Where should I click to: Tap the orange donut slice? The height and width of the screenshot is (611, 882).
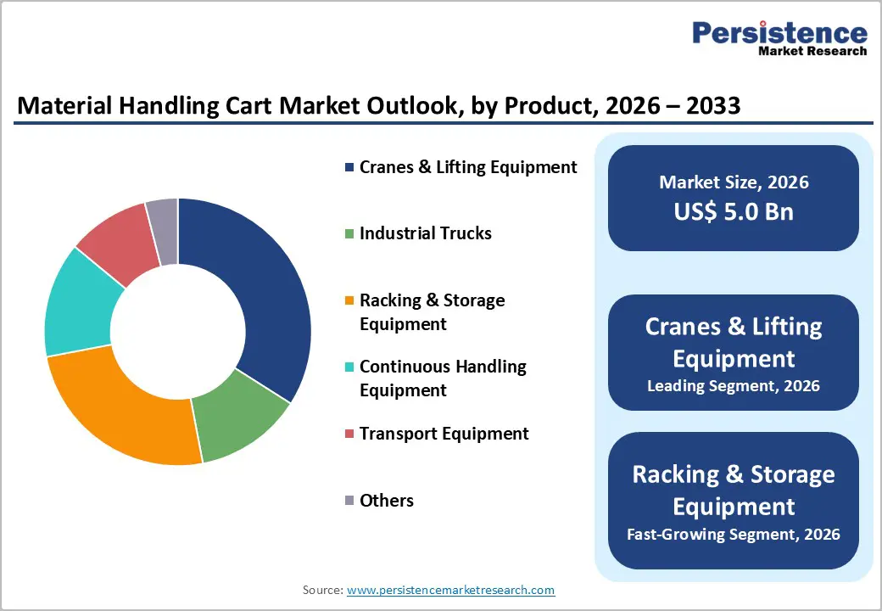(x=119, y=407)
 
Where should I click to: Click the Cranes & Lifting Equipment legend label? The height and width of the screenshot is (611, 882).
(x=468, y=167)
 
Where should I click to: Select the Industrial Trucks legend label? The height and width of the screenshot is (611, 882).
(x=425, y=233)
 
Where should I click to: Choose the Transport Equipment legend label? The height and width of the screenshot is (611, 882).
(x=444, y=434)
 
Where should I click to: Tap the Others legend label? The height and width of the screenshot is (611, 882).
(x=386, y=501)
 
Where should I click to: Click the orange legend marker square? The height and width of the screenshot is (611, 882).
(x=349, y=301)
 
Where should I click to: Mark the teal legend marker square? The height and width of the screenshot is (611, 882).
(x=349, y=367)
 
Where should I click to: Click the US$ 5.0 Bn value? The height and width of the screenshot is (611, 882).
(x=734, y=211)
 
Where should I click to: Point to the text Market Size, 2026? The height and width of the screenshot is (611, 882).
(x=734, y=182)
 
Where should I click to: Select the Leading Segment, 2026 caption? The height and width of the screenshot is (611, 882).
(x=734, y=386)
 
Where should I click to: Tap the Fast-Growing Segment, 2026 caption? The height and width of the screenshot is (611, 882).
(x=734, y=534)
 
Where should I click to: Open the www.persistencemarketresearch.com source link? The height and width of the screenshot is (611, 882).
(x=450, y=590)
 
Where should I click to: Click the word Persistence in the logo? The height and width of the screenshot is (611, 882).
(x=779, y=33)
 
